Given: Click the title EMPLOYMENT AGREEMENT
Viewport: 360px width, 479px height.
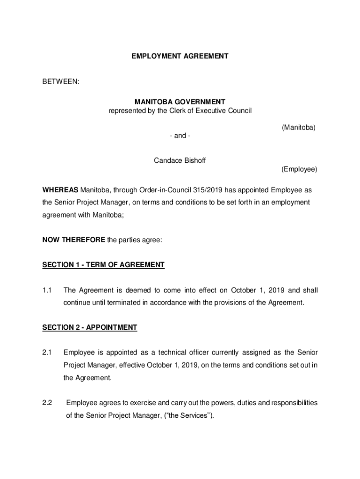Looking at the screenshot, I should (x=180, y=56).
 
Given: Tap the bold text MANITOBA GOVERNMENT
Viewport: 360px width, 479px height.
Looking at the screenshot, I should (x=180, y=102).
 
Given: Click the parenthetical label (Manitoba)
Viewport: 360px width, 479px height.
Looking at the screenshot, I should (x=299, y=127).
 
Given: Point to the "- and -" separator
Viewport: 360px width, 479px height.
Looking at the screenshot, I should (x=180, y=136).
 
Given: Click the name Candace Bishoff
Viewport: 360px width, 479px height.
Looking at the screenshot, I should (x=180, y=160).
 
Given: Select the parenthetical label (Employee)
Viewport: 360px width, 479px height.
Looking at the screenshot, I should (x=299, y=169).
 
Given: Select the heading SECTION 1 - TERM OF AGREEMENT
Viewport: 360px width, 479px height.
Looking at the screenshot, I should (x=103, y=265).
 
